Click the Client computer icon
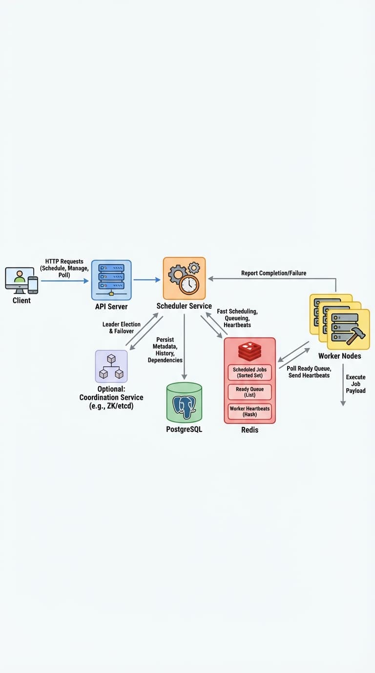[21, 281]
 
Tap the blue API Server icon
[111, 280]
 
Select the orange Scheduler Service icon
[184, 278]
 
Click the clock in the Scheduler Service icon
[189, 285]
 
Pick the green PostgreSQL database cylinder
[184, 403]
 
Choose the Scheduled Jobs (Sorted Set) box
[250, 373]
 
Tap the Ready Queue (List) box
[250, 392]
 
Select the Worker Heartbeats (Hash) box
[250, 411]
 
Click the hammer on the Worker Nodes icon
[356, 336]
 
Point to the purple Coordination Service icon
[111, 366]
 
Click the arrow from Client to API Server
[65, 281]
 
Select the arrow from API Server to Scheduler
[147, 280]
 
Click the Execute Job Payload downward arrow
[343, 385]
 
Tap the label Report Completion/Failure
[273, 273]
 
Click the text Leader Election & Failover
[122, 328]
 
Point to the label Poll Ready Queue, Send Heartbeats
[309, 372]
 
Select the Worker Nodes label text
[340, 356]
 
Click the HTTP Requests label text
[64, 268]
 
